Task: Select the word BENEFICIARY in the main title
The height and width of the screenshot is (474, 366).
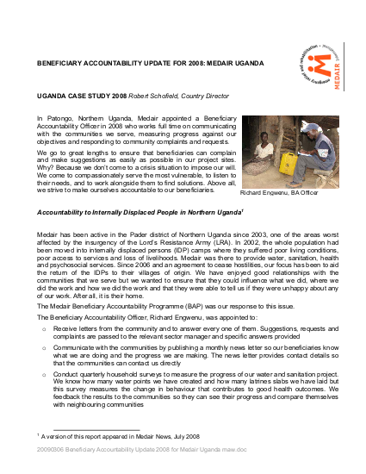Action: pos(66,65)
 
